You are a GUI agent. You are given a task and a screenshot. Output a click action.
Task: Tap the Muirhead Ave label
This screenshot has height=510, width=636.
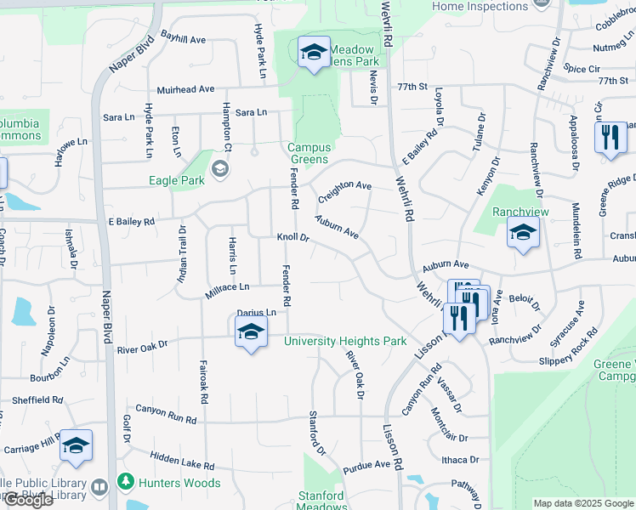pyautogui.click(x=185, y=89)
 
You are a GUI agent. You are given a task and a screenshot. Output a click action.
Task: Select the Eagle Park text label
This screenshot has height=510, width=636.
pyautogui.click(x=177, y=180)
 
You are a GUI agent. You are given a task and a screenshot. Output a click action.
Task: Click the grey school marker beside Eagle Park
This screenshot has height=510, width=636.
pyautogui.click(x=220, y=169)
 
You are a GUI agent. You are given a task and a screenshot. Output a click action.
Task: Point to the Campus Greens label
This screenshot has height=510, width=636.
pyautogui.click(x=309, y=154)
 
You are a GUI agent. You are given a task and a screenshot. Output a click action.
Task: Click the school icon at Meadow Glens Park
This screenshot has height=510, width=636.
pyautogui.click(x=314, y=54)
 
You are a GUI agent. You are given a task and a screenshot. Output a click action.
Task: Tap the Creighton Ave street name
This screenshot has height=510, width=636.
pyautogui.click(x=344, y=191)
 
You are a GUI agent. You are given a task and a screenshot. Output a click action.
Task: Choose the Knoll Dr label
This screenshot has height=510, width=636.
pyautogui.click(x=291, y=238)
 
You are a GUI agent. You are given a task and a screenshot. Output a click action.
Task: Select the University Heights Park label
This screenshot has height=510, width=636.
pyautogui.click(x=345, y=341)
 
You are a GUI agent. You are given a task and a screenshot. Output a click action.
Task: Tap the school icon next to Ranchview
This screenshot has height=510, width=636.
pyautogui.click(x=523, y=232)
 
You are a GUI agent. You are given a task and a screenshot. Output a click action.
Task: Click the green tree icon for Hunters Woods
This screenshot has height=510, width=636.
pyautogui.click(x=125, y=482)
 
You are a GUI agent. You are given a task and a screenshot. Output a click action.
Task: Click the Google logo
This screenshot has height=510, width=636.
pyautogui.click(x=28, y=501)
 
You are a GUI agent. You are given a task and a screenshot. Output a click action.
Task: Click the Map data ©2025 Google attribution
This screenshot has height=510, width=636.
pyautogui.click(x=583, y=503)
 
